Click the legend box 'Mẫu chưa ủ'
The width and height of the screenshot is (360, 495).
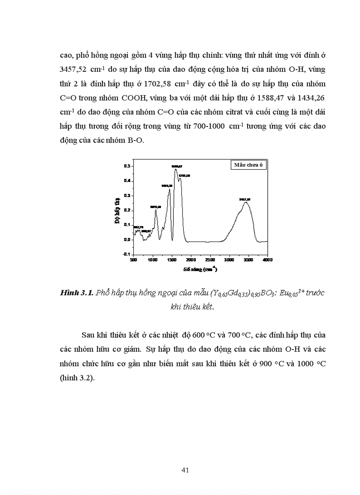tap(248, 165)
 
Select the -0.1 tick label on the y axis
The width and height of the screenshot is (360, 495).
tap(127, 255)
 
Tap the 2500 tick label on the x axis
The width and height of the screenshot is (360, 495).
tap(210, 261)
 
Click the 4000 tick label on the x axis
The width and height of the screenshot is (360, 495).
tap(267, 261)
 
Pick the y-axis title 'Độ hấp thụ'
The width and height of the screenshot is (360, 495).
tap(118, 211)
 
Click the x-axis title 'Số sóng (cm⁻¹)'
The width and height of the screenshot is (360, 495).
tap(200, 268)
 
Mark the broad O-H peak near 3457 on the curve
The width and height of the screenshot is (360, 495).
tap(245, 202)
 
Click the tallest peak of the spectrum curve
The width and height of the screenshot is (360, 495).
tap(176, 169)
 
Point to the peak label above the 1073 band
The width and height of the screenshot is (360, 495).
tap(156, 207)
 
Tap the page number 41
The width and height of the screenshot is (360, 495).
tap(185, 470)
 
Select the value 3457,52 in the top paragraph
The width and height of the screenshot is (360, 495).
tap(75, 70)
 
